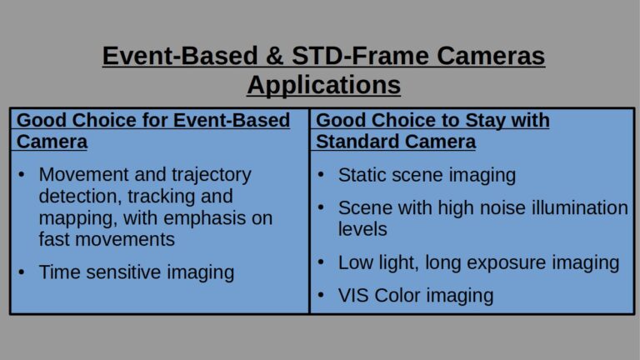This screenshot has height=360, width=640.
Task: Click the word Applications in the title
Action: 323,86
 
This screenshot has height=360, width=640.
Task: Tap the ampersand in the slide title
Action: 275,56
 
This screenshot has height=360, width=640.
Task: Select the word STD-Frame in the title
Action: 360,56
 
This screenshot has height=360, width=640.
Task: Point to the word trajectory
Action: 211,176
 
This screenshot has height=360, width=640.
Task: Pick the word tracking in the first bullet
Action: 161,197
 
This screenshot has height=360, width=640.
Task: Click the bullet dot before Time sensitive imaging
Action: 22,272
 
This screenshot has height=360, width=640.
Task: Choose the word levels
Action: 362,229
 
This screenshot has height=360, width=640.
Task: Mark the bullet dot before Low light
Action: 321,262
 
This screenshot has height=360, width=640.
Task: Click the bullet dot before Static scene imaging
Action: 321,175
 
